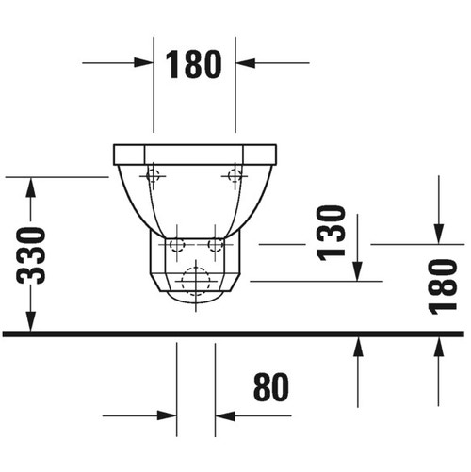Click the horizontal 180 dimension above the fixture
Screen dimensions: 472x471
[x=194, y=63]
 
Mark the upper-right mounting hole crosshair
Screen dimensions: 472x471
[x=234, y=174]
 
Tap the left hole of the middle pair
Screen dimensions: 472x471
[x=174, y=245]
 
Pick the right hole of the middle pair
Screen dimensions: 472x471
[x=216, y=245]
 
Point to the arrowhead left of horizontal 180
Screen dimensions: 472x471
[x=144, y=63]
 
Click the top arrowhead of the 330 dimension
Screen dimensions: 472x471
[x=31, y=187]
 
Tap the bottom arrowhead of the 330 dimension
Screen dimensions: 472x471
[x=31, y=321]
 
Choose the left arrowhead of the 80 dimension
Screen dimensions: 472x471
[x=168, y=415]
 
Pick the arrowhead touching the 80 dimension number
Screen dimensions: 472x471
[x=225, y=415]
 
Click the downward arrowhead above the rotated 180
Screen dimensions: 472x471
[x=439, y=234]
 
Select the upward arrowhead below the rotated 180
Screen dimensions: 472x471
[x=439, y=348]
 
